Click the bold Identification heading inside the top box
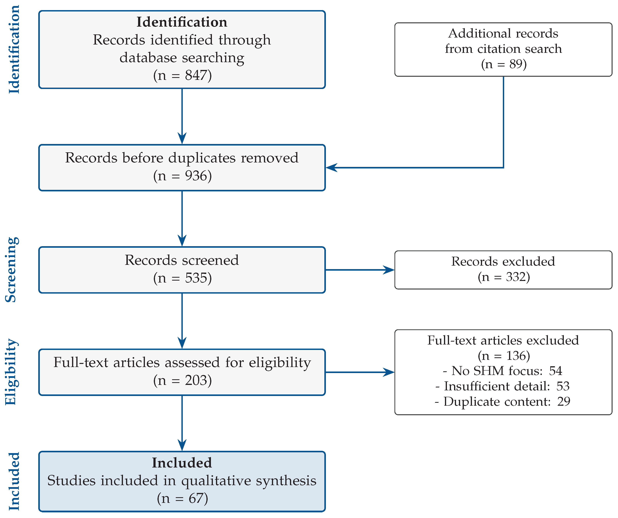(x=182, y=22)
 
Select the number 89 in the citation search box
(x=516, y=64)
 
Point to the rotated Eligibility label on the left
(x=12, y=372)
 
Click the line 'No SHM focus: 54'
(x=502, y=371)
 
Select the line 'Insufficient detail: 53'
(x=502, y=386)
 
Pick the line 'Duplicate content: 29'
(x=502, y=401)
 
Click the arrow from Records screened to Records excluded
(x=360, y=270)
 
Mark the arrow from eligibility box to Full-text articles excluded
(x=360, y=372)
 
